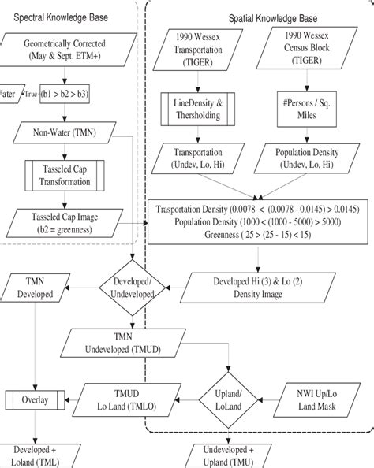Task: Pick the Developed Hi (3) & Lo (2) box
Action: pyautogui.click(x=256, y=285)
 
